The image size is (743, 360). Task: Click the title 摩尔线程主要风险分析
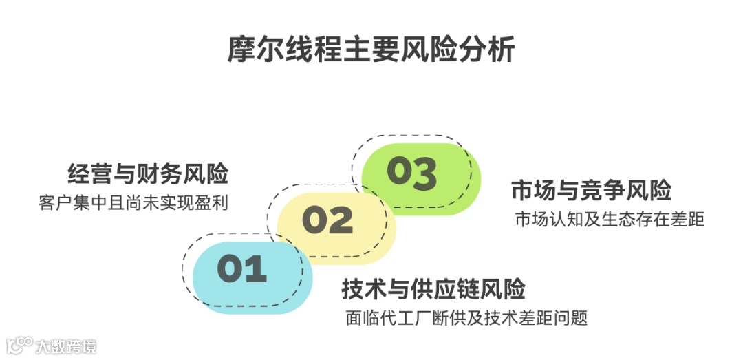pos(371,51)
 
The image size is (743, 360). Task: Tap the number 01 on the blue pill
pos(241,270)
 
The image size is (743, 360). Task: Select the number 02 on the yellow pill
pos(327,220)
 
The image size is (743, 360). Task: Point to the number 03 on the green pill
pos(411,172)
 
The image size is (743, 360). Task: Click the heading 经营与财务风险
pos(148,173)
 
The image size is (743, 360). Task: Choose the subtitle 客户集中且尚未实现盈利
pos(133,204)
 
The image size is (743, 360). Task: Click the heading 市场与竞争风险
pos(591,189)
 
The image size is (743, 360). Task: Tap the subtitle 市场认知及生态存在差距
pos(610,220)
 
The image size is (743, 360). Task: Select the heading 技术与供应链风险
pos(433,289)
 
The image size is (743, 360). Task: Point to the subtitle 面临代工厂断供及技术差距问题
pos(466,319)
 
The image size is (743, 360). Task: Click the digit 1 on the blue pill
pos(255,270)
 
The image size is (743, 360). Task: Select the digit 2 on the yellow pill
pos(339,220)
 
